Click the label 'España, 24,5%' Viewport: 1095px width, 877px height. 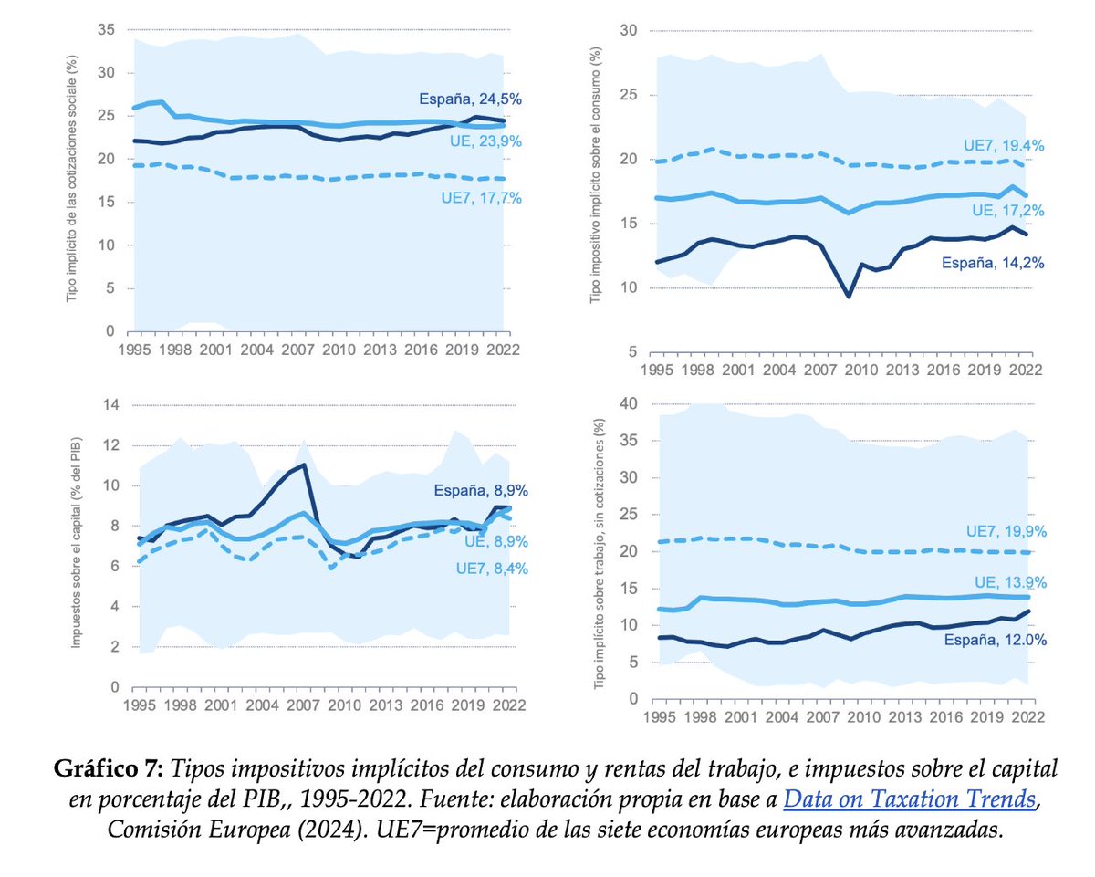[469, 99]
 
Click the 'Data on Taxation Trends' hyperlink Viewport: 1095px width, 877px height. [909, 800]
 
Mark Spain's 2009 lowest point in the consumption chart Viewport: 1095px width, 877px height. [849, 296]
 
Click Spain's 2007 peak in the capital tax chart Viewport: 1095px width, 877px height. [303, 465]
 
